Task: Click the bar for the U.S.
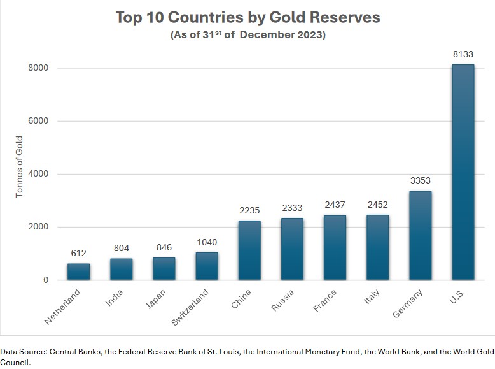click(463, 172)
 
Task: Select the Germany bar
click(420, 235)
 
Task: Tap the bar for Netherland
click(78, 271)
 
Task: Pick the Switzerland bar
click(207, 266)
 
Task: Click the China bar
click(249, 250)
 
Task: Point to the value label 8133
click(463, 55)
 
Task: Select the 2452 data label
click(377, 205)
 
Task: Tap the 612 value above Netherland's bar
click(78, 254)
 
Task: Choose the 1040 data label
click(207, 242)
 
